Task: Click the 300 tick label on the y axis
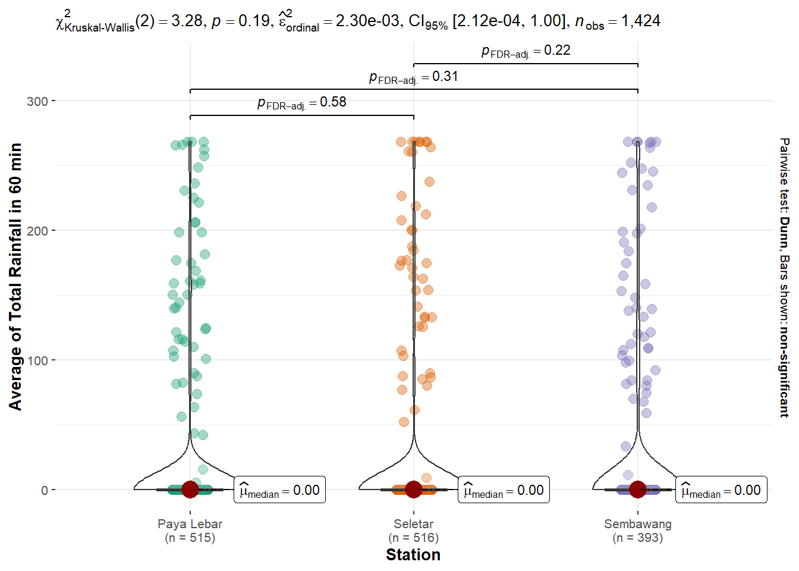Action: coord(37,101)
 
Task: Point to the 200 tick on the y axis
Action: coord(37,231)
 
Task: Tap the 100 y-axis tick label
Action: coord(37,360)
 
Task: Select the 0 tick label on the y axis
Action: coord(45,490)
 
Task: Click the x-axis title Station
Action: coord(413,555)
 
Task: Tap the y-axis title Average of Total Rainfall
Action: coord(15,277)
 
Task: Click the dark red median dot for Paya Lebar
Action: coord(190,490)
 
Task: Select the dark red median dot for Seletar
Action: coord(414,490)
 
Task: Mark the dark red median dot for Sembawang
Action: coord(637,490)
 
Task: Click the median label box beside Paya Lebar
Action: coord(279,490)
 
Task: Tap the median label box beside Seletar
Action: coord(504,490)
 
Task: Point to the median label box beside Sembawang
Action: coord(721,490)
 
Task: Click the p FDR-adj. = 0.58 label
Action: coord(302,102)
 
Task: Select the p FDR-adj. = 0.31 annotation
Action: coord(414,77)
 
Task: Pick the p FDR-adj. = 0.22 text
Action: coord(526,51)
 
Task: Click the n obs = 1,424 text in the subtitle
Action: coord(618,21)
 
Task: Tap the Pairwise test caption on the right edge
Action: coord(784,277)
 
